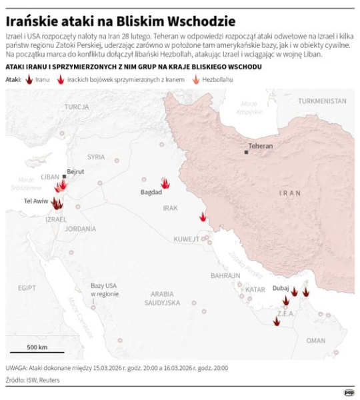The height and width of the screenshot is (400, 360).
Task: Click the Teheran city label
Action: [261, 145]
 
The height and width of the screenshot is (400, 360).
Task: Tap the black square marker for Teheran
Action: [247, 153]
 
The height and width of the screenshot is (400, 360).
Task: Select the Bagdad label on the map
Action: [151, 193]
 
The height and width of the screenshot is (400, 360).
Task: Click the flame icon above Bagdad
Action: [165, 182]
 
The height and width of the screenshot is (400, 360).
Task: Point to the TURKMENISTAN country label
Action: [322, 101]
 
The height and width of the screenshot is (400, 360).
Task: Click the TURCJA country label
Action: [77, 107]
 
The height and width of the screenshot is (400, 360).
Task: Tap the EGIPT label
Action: [27, 288]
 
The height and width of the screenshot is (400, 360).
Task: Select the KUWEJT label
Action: [187, 239]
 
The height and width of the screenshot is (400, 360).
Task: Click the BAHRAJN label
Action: [225, 275]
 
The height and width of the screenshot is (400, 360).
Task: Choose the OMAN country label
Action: [316, 340]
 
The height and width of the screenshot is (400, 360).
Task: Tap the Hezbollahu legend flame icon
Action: [196, 79]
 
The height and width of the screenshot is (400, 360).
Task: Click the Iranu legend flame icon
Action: [29, 79]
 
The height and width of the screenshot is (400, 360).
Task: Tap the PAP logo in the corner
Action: [348, 393]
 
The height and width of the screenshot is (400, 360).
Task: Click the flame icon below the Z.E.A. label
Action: [276, 321]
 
